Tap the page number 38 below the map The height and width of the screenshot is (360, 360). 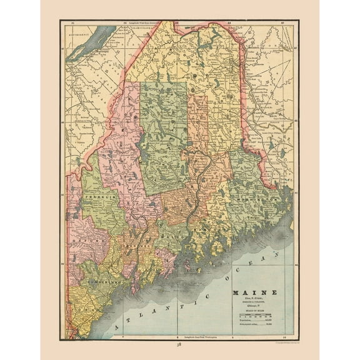[179, 344]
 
